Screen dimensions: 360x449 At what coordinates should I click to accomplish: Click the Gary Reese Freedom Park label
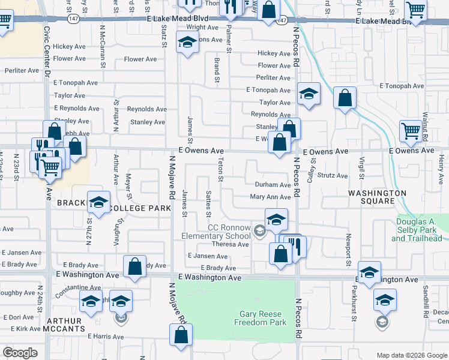262,318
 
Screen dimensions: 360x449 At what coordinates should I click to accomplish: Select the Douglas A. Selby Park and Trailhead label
420,230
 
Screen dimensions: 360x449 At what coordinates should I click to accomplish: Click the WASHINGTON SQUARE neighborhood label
378,197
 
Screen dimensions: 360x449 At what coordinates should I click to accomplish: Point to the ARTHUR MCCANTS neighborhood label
64,325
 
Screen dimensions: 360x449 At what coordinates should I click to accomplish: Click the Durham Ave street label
273,185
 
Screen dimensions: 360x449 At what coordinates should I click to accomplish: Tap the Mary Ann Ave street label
270,197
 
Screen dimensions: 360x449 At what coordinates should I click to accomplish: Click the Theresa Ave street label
230,244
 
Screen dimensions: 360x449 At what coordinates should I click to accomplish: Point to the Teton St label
220,170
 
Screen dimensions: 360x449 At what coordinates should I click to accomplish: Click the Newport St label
348,251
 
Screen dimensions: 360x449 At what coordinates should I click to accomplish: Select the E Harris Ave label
109,336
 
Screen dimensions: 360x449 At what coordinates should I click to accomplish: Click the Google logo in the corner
20,353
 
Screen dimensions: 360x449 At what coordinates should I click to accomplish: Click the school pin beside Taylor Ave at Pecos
309,94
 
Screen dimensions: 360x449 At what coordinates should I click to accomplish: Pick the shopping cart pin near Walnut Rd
411,130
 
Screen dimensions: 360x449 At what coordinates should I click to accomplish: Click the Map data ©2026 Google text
411,355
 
